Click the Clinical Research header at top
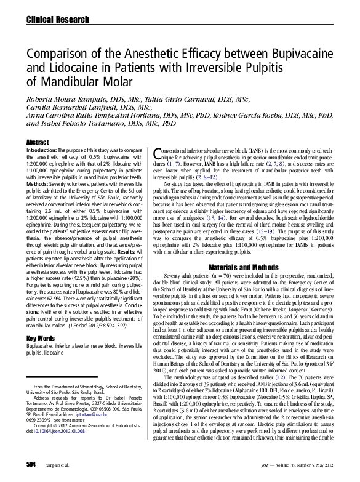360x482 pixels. click(49, 20)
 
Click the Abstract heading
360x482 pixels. click(38, 142)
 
